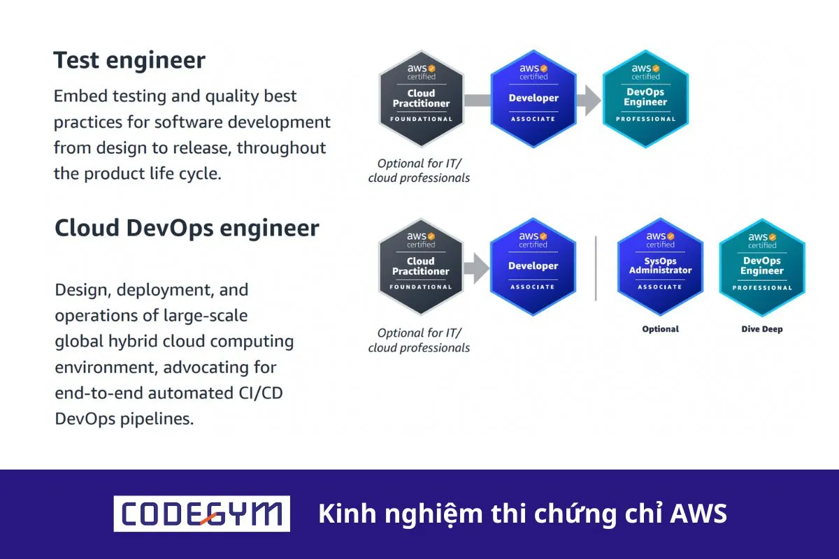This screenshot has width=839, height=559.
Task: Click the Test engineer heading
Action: pyautogui.click(x=129, y=60)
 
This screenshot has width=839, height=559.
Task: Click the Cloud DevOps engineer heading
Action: pyautogui.click(x=187, y=228)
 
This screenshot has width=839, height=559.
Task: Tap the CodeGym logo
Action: pyautogui.click(x=202, y=514)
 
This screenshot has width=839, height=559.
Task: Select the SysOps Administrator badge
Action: pyautogui.click(x=660, y=266)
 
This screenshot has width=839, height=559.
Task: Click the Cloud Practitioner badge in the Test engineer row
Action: pyautogui.click(x=421, y=99)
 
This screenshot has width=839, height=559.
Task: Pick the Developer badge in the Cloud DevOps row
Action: pyautogui.click(x=533, y=266)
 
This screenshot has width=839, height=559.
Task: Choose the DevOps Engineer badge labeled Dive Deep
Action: pyautogui.click(x=762, y=267)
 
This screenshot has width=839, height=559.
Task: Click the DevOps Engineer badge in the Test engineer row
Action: pyautogui.click(x=645, y=99)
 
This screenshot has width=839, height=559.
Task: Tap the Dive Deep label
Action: pyautogui.click(x=762, y=329)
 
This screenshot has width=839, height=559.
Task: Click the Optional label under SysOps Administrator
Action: pyautogui.click(x=660, y=329)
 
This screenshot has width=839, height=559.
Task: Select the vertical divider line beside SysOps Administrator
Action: pyautogui.click(x=596, y=268)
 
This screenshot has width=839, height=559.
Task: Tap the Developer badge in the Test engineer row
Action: pyautogui.click(x=533, y=99)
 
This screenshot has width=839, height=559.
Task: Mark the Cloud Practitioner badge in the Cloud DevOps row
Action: pyautogui.click(x=421, y=266)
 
